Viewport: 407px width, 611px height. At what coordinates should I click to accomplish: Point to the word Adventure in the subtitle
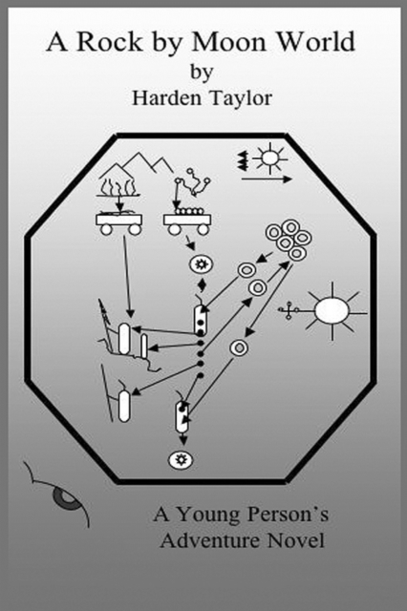click(x=210, y=540)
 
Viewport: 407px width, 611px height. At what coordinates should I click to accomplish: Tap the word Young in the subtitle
click(x=207, y=516)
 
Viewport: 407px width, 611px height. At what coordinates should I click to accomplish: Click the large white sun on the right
click(x=332, y=311)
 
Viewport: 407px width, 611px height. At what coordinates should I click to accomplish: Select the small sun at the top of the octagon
click(x=269, y=158)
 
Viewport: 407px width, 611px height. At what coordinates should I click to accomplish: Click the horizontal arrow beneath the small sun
click(x=267, y=179)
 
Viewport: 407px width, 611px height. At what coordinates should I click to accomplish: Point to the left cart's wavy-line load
click(x=119, y=186)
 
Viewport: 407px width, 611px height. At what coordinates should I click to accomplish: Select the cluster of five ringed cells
click(x=289, y=240)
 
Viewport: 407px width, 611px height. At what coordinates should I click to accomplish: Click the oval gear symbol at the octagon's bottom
click(x=181, y=460)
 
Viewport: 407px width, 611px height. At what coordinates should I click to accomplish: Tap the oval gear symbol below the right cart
click(x=202, y=264)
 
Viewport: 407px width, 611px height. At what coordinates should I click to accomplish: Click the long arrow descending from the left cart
click(x=127, y=277)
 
